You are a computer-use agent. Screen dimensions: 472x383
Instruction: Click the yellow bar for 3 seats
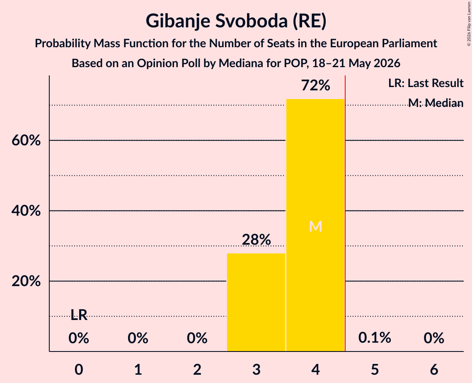point(256,302)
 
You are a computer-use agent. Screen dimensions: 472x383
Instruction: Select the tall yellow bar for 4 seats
point(315,225)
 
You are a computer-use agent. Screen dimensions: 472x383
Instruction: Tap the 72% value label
point(315,85)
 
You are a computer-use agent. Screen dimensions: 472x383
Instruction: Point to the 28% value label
point(256,240)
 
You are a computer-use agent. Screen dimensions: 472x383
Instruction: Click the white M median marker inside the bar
point(315,226)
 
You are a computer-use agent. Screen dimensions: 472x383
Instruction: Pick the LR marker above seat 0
point(79,315)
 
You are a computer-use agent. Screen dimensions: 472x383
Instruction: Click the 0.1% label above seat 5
point(375,337)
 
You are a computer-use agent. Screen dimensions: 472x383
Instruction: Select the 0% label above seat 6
point(434,338)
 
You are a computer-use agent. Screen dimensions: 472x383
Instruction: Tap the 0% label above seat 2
point(197,338)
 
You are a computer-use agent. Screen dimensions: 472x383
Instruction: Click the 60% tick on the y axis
point(26,141)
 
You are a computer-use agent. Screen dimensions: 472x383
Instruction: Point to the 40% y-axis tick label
point(26,211)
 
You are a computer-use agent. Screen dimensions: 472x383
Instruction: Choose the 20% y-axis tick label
point(26,281)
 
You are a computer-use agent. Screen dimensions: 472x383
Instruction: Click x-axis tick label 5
point(375,369)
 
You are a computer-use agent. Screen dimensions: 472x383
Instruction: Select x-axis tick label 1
point(138,369)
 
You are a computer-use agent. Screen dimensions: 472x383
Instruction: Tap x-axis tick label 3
point(256,369)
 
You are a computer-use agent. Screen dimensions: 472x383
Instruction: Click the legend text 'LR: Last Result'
point(426,83)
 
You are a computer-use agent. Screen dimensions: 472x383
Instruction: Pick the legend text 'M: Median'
point(436,103)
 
